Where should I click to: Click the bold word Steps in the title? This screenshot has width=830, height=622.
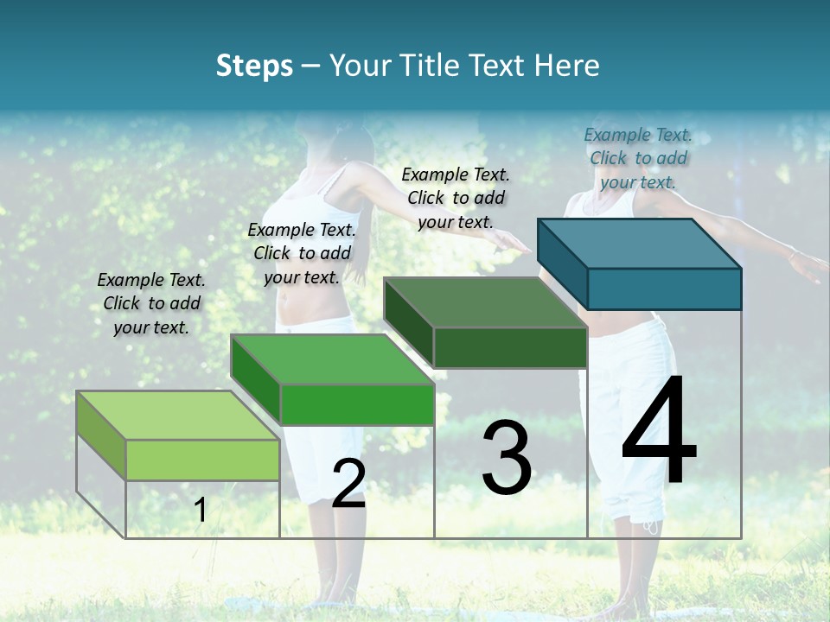(254, 66)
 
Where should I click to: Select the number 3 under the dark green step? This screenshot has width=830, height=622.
(507, 458)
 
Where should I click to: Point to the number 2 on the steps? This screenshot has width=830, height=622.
(348, 484)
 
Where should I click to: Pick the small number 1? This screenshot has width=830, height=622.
(201, 511)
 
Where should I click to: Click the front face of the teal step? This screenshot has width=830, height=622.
(664, 289)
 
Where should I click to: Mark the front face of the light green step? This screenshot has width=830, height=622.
(202, 460)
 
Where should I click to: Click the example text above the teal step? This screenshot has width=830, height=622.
(638, 158)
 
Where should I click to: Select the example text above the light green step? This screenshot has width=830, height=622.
(151, 303)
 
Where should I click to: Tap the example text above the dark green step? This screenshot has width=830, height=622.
(456, 198)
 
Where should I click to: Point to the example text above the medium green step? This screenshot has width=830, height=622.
(302, 253)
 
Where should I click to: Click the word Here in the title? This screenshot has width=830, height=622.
(566, 66)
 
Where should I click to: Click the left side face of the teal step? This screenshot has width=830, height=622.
(563, 263)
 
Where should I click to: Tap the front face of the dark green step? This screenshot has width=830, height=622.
(510, 347)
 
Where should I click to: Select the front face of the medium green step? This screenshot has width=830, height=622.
(356, 404)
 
